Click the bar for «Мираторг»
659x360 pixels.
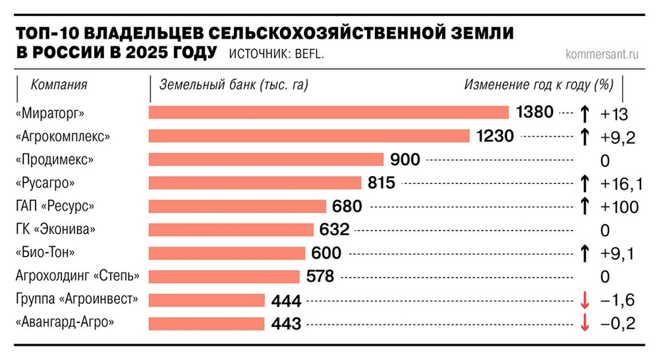click(x=329, y=113)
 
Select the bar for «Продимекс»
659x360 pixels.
click(x=266, y=160)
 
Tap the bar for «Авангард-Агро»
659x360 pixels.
click(x=206, y=324)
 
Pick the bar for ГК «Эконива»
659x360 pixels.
click(x=231, y=229)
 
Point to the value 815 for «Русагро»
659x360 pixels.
click(x=381, y=183)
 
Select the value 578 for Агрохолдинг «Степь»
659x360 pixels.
click(x=320, y=276)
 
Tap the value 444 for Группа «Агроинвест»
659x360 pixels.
click(x=286, y=301)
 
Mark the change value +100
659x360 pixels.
click(x=619, y=207)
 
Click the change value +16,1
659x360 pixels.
click(x=619, y=183)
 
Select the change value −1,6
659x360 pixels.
click(x=617, y=301)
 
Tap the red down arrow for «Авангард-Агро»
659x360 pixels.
click(x=584, y=324)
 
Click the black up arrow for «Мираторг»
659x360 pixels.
click(x=584, y=113)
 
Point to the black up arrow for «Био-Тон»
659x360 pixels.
click(x=584, y=253)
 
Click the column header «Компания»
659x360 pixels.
click(x=59, y=85)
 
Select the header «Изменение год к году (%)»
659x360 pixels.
click(x=538, y=85)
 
